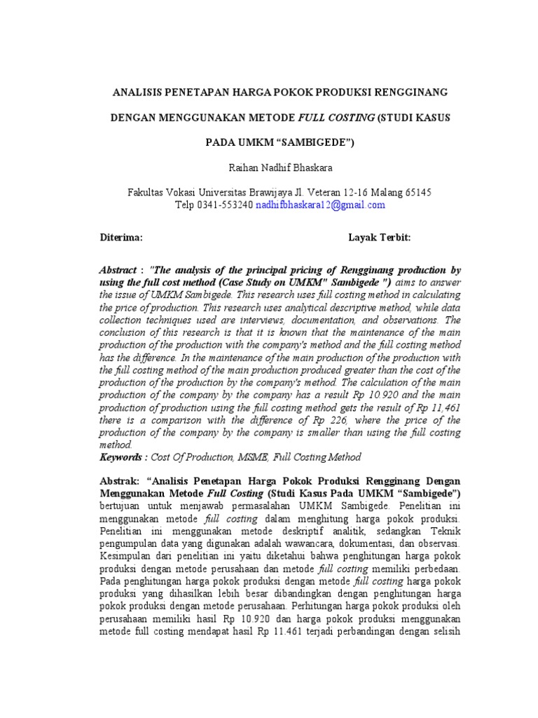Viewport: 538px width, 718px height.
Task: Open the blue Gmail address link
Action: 320,205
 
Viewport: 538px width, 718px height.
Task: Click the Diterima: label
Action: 121,238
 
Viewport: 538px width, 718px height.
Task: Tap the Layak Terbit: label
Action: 379,238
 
